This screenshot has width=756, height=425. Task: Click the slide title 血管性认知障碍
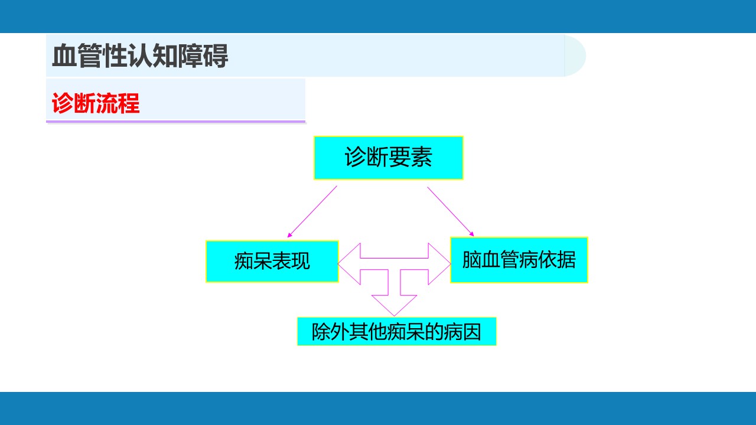point(140,56)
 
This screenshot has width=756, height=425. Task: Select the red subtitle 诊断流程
point(96,103)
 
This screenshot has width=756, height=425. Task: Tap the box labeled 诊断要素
point(389,158)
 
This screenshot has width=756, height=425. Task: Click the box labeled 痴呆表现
point(272,261)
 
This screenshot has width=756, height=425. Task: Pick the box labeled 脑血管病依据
point(519,260)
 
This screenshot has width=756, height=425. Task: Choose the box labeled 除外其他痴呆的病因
point(396,332)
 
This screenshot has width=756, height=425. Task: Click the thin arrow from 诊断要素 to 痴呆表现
point(312,211)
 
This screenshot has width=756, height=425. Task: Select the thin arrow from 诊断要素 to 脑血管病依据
point(451,211)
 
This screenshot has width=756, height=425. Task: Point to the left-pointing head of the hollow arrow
point(350,264)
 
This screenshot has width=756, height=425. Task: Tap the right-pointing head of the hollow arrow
point(439,264)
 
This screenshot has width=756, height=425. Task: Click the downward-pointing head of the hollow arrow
point(394,305)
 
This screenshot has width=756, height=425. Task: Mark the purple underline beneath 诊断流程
point(175,122)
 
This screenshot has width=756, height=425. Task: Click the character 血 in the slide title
point(64,56)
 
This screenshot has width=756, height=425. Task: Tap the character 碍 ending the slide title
point(216,56)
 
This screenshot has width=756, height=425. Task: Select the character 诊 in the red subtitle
point(63,103)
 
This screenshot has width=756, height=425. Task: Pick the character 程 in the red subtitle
point(129,103)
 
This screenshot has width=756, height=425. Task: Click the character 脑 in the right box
point(471,260)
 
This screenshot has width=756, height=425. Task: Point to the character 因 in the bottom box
point(472,332)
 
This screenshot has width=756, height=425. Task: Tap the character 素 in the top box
point(422,157)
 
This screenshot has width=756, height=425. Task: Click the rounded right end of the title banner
point(575,55)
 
